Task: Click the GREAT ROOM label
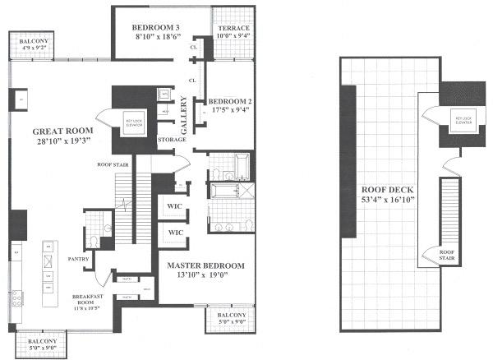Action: tap(62, 132)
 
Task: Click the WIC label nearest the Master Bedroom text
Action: tap(175, 233)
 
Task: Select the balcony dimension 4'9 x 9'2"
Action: tap(31, 48)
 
